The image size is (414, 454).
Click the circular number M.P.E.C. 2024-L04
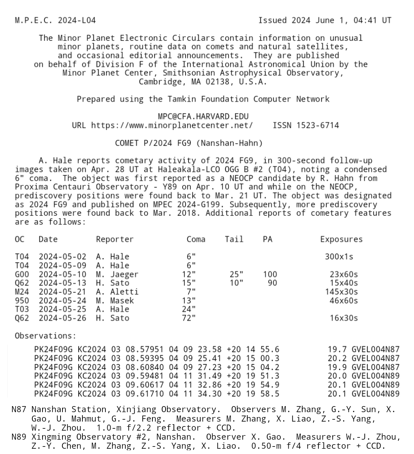point(55,20)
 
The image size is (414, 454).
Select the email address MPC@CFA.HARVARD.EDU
point(203,117)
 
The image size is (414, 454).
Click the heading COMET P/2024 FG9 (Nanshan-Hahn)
point(189,143)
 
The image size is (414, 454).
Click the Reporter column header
point(114,239)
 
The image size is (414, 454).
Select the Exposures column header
point(341,239)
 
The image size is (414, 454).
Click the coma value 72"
point(189,318)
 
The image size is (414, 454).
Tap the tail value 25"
point(236,275)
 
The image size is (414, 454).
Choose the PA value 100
point(270,275)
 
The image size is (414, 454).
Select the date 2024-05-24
point(62,301)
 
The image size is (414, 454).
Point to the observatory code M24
point(21,292)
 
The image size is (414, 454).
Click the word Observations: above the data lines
point(45,336)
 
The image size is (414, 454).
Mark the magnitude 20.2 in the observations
point(336,359)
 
